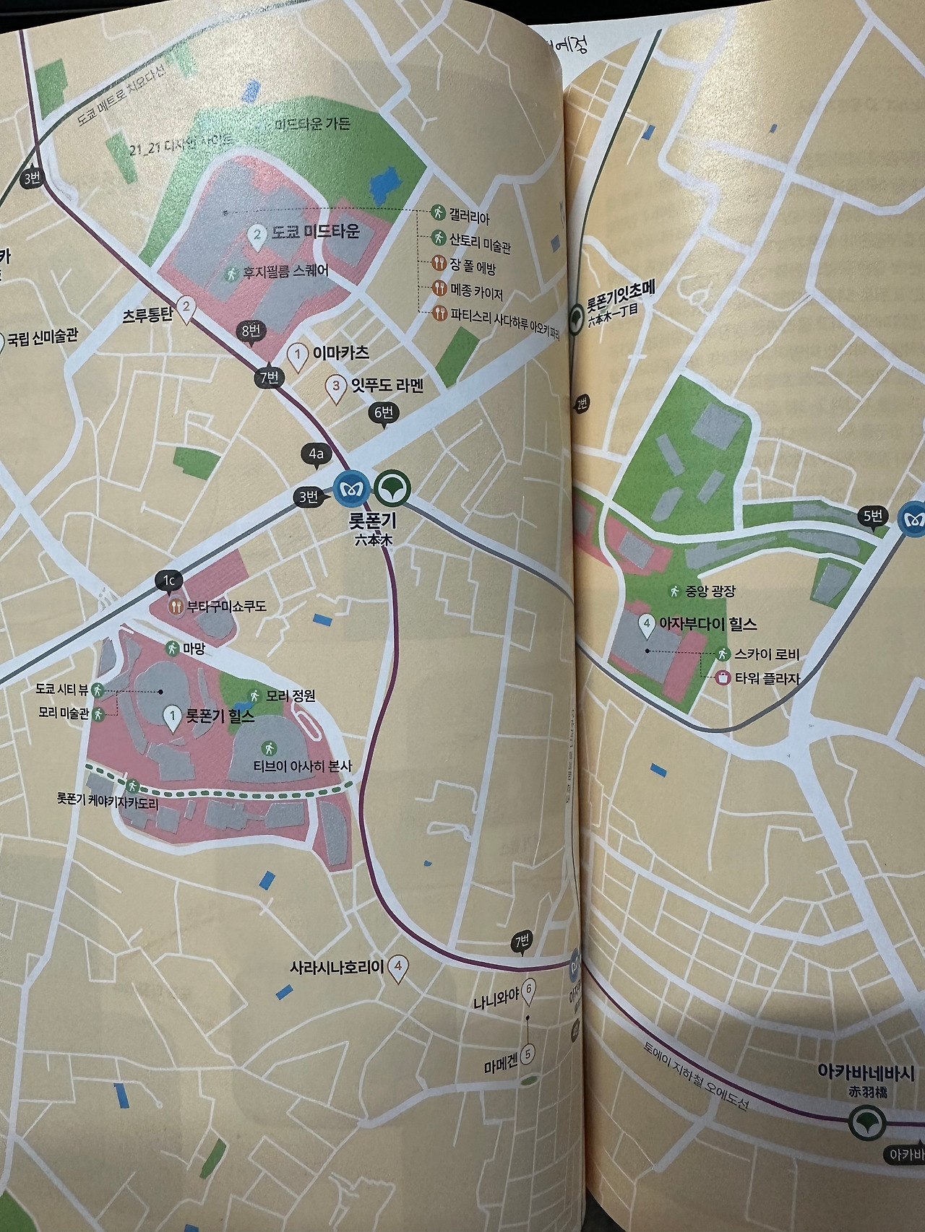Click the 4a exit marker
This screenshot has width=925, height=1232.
coord(316,454)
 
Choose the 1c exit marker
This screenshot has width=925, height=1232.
coord(168,581)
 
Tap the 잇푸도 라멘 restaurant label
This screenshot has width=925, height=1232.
coord(387,385)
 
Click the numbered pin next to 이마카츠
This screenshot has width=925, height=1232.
coord(297,354)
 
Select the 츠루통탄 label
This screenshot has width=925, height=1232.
coord(147,315)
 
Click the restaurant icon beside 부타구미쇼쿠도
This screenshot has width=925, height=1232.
coord(175,607)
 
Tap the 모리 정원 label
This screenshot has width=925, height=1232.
coord(291,696)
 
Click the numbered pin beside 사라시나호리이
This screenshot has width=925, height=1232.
coord(398,967)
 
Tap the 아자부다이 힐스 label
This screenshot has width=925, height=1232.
coord(709,623)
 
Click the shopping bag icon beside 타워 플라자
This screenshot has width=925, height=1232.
coord(721,678)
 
